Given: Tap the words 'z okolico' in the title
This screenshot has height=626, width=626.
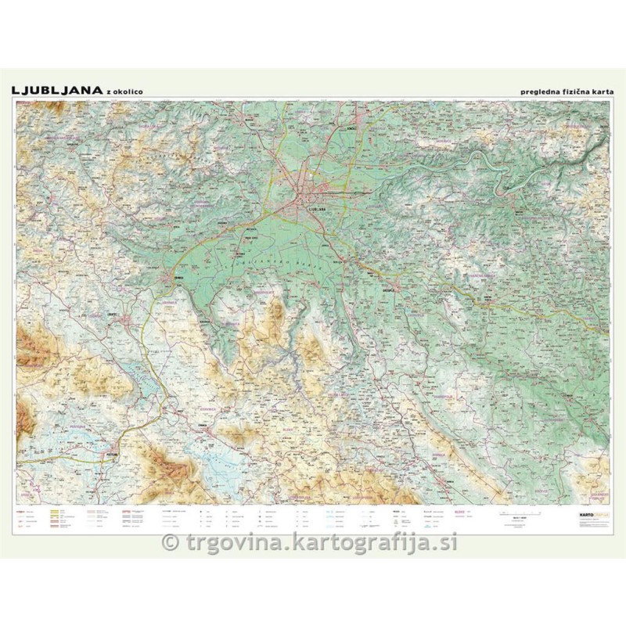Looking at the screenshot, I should [120, 92].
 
